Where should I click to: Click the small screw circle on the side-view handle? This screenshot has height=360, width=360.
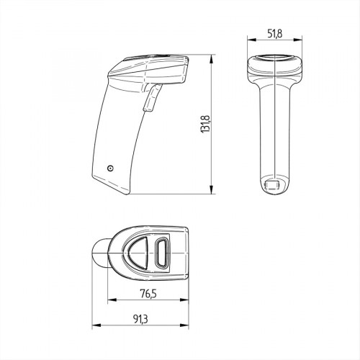109,168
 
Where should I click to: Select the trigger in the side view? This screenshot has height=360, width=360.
151,98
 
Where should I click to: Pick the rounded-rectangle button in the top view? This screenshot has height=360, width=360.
161,254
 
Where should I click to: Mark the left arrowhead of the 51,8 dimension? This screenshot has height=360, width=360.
249,40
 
